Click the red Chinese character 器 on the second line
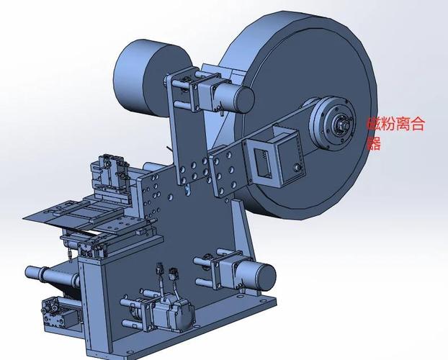pos(374,143)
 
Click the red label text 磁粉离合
pos(395,124)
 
